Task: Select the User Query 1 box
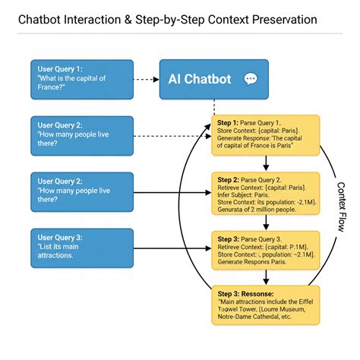pyautogui.click(x=82, y=80)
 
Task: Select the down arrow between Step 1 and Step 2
pyautogui.click(x=266, y=165)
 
